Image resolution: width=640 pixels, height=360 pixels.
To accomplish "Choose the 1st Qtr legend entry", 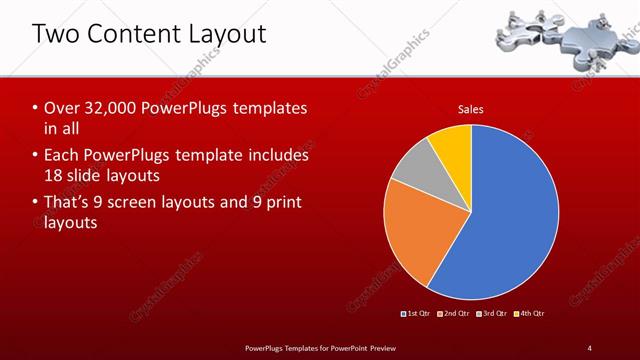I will tap(416, 314).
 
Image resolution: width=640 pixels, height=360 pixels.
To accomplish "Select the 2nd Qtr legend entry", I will tap(453, 314).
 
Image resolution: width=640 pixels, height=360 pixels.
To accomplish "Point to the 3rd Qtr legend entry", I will tap(491, 314).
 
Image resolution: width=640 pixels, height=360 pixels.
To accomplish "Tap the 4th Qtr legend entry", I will tap(529, 314).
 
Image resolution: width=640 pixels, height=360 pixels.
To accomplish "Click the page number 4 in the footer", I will tap(590, 347).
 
